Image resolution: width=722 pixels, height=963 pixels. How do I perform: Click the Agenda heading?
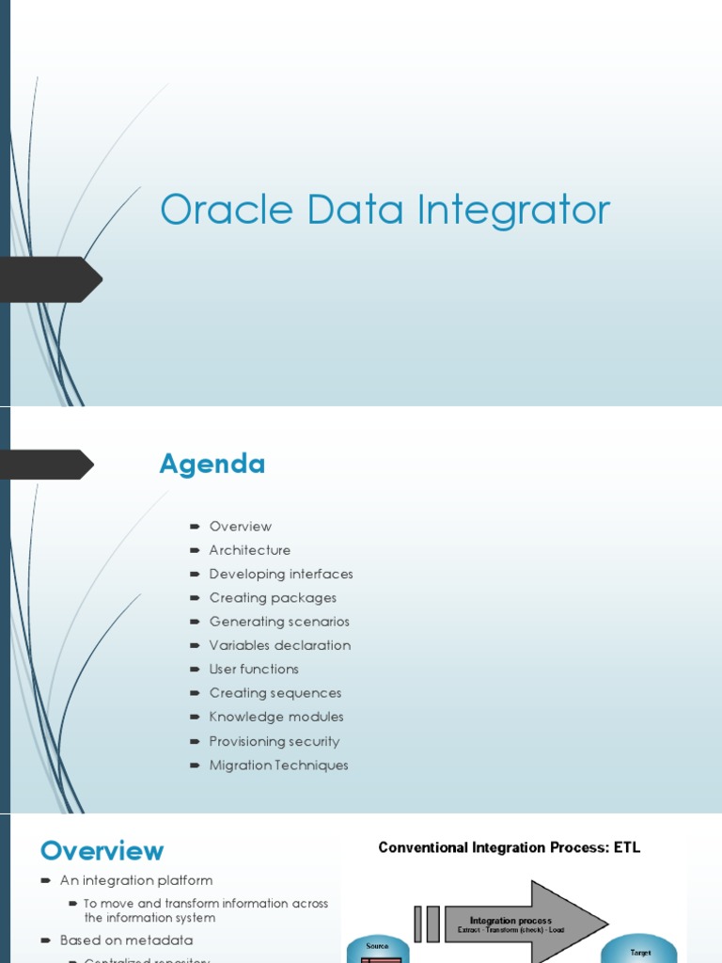click(x=212, y=464)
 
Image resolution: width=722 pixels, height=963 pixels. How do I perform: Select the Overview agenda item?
click(x=240, y=527)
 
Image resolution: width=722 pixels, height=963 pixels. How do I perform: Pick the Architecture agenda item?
click(x=249, y=550)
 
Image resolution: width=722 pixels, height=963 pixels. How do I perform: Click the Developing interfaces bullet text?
click(x=280, y=574)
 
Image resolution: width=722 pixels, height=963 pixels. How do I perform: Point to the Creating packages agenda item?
click(x=272, y=598)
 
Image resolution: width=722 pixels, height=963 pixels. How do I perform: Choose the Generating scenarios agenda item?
click(x=278, y=622)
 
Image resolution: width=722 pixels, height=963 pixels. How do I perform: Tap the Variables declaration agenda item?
click(x=279, y=645)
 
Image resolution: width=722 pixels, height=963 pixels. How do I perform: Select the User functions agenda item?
click(x=253, y=670)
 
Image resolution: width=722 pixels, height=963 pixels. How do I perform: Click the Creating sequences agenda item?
click(x=275, y=693)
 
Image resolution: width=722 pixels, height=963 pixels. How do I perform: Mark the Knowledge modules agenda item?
click(x=275, y=717)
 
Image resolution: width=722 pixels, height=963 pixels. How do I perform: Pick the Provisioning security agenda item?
click(x=274, y=741)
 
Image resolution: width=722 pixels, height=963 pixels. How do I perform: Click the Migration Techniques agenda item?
click(x=278, y=766)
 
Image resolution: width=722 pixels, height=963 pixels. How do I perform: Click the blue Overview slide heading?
click(x=102, y=851)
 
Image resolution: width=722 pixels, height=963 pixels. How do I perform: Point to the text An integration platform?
click(x=135, y=881)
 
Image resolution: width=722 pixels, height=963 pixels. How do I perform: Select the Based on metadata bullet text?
click(x=126, y=940)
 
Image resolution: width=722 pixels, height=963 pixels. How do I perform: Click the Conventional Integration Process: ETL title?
click(x=509, y=847)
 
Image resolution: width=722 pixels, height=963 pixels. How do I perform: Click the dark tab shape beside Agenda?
click(x=47, y=465)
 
